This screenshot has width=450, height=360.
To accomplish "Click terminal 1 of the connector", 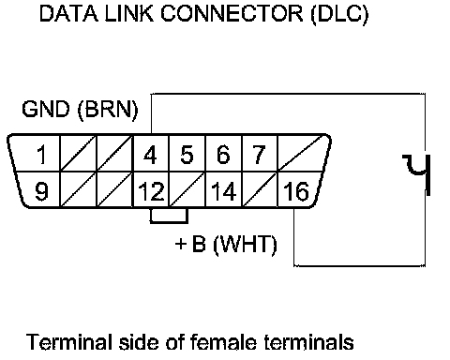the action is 36,154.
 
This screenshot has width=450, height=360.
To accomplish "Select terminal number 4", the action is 151,154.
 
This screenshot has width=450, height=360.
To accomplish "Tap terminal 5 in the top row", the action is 187,154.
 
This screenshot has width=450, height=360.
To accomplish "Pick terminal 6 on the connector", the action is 223,154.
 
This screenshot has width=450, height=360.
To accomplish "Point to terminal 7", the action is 259,154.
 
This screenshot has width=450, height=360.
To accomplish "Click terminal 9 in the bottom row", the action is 39,189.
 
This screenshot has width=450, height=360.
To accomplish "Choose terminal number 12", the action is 151,189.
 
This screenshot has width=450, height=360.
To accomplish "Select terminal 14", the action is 223,189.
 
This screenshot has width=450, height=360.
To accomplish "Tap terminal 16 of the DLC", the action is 298,189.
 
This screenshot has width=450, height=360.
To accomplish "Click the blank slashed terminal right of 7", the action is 303,154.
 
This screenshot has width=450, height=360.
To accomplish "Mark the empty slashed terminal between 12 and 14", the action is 187,189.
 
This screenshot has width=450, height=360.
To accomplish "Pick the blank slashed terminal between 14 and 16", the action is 259,189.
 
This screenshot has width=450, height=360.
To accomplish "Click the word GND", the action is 46,109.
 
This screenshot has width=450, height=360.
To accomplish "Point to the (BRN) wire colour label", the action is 108,110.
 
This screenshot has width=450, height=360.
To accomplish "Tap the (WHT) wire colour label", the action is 245,244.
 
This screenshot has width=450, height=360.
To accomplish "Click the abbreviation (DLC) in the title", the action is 339,14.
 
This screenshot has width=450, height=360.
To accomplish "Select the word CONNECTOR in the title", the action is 232,13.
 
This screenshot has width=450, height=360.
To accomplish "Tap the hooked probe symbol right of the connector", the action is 417,174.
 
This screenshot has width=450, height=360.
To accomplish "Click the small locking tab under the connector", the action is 169,216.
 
